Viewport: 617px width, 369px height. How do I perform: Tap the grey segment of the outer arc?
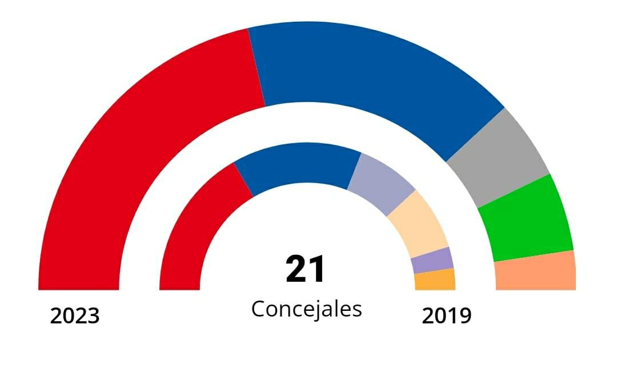point(497,157)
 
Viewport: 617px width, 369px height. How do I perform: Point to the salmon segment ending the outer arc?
point(536,271)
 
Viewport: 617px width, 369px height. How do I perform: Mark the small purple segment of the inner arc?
point(432,261)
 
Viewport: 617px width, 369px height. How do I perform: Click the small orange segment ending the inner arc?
point(435,279)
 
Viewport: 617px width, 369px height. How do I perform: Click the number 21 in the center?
point(306,270)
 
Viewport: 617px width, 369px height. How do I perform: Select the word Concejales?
point(307,309)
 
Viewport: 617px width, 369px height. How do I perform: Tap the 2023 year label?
point(75,315)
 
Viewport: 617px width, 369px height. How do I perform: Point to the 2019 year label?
point(447,315)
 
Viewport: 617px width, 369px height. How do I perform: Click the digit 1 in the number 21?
point(316,270)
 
